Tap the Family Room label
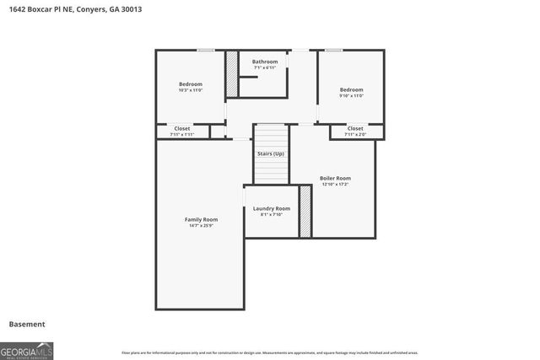(x=201, y=219)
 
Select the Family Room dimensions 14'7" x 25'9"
(x=201, y=225)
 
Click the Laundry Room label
(x=272, y=208)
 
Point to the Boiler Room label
(x=335, y=178)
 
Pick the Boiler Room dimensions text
(x=335, y=184)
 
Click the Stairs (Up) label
(x=271, y=153)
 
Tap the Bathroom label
(x=264, y=62)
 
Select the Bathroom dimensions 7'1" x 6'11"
(x=264, y=67)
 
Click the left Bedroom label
(x=190, y=83)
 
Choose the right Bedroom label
(x=351, y=89)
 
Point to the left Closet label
(x=182, y=128)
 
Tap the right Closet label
(x=355, y=128)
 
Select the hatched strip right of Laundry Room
(x=305, y=211)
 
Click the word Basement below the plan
(x=27, y=324)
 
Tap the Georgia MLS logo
(x=27, y=350)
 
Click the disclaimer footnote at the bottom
(x=270, y=352)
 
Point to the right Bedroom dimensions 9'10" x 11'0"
(x=351, y=95)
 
